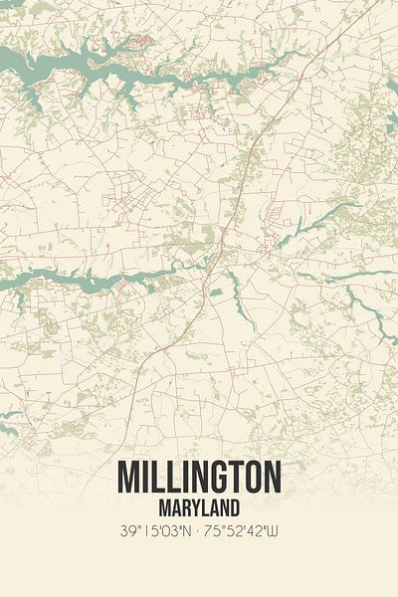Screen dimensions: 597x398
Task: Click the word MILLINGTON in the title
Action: [199, 478]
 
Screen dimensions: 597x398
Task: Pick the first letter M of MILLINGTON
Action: [127, 478]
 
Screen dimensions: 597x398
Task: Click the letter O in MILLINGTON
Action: [249, 478]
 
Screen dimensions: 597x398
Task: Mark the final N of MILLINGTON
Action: [271, 478]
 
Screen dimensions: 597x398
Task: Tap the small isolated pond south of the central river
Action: [216, 293]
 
